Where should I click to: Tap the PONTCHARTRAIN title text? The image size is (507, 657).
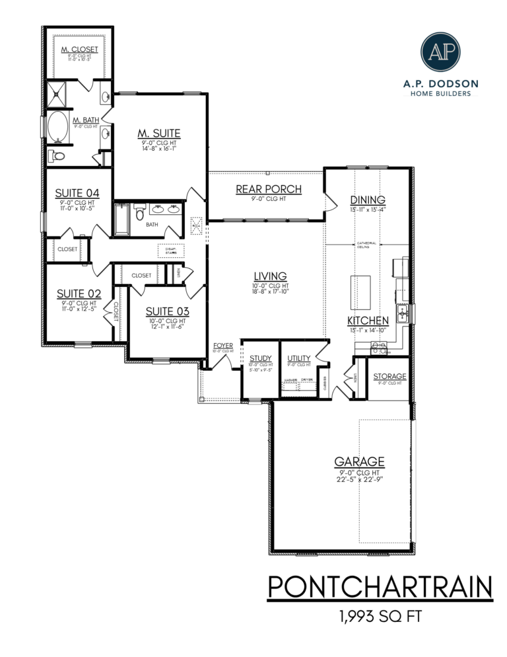click(380, 587)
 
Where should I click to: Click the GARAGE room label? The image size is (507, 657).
click(359, 462)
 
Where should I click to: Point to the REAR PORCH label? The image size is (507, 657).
click(269, 190)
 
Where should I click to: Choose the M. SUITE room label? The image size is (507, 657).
click(159, 134)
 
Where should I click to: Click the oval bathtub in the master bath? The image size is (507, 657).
click(58, 126)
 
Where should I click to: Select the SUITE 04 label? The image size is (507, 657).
click(78, 194)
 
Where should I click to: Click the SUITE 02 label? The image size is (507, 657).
click(78, 293)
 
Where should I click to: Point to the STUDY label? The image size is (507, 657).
click(261, 359)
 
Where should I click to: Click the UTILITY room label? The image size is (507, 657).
click(299, 359)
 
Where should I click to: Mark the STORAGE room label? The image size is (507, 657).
click(389, 377)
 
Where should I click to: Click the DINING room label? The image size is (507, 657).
click(368, 200)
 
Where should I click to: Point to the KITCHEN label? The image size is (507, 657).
click(368, 321)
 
